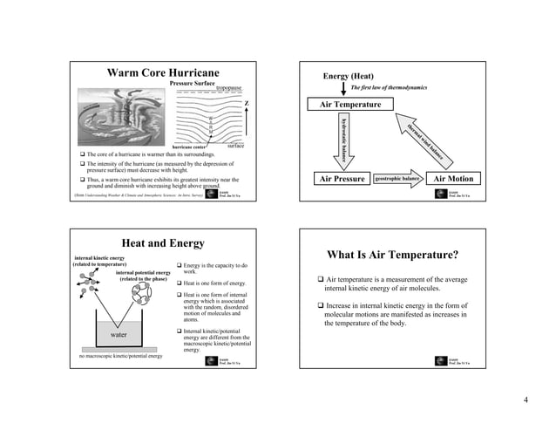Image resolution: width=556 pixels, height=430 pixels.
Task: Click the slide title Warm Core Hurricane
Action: (162, 72)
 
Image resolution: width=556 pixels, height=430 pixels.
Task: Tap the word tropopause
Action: (229, 88)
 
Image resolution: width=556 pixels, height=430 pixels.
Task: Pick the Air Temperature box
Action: (349, 105)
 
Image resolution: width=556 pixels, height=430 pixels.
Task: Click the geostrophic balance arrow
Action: (399, 179)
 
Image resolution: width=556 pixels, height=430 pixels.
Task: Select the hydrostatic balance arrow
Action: (343, 140)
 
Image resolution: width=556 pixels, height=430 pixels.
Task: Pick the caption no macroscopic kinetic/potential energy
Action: (120, 357)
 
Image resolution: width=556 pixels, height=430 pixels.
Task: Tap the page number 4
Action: (526, 400)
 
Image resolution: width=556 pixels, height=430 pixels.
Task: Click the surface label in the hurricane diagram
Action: (235, 147)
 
